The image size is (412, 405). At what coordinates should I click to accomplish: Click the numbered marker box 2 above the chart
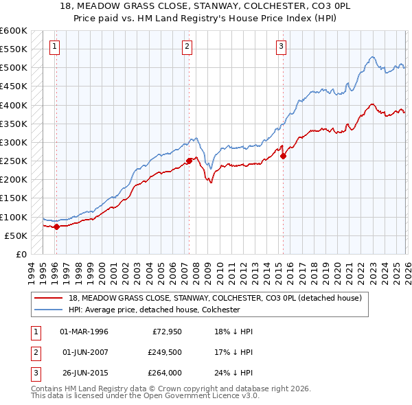click(x=187, y=47)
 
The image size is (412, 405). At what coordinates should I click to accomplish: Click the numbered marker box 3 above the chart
click(x=282, y=47)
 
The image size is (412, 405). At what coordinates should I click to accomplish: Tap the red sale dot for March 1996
click(x=56, y=227)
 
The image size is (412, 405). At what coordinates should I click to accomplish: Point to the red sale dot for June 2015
click(x=284, y=156)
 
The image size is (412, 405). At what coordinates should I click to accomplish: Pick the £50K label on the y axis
click(x=16, y=235)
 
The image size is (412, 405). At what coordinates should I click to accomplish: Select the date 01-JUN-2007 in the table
click(x=84, y=353)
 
